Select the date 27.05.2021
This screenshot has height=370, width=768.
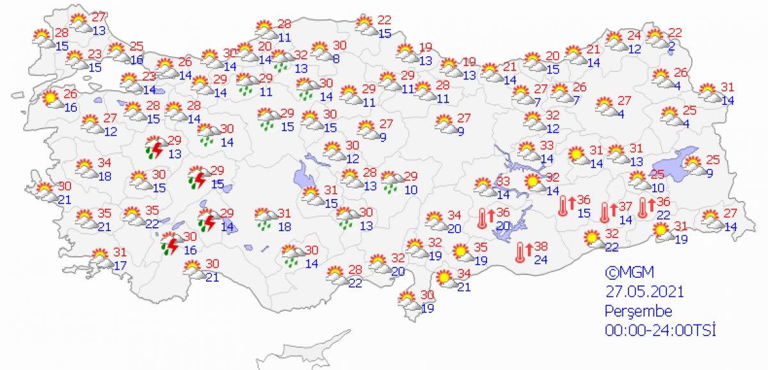tap(645, 291)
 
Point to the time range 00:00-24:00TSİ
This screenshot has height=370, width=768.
tap(660, 330)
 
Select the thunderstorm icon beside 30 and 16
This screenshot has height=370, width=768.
tap(170, 245)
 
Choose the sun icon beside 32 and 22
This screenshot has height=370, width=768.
tap(591, 239)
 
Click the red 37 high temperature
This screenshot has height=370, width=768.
tap(627, 206)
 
